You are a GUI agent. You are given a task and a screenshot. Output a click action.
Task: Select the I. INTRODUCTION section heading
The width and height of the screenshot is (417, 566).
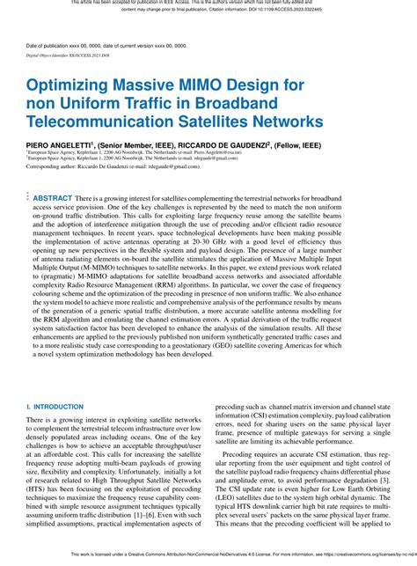click(x=57, y=408)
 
